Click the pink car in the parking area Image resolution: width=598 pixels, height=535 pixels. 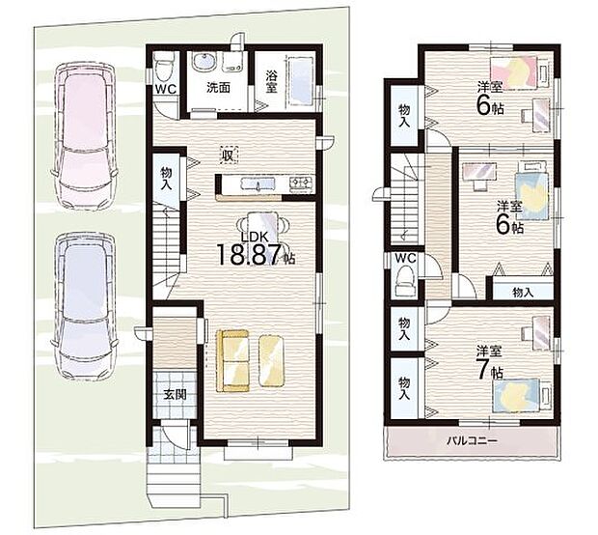[x=86, y=135]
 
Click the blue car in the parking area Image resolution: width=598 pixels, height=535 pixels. [x=86, y=306]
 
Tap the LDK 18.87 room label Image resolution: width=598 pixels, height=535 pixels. [x=256, y=249]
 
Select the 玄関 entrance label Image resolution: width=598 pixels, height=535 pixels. [x=175, y=394]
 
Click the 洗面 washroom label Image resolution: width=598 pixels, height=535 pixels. [x=218, y=88]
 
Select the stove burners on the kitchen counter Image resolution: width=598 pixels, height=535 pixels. [x=301, y=183]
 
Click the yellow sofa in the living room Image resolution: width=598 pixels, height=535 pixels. [x=233, y=361]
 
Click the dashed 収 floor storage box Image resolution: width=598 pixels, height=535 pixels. [x=228, y=155]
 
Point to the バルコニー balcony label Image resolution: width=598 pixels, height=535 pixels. [x=473, y=441]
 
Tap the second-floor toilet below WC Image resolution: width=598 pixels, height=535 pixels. [x=406, y=282]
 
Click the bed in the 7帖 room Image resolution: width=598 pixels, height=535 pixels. [x=522, y=395]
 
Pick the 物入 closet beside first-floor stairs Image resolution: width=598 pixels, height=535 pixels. [x=166, y=178]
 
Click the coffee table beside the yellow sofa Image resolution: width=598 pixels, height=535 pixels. [x=272, y=360]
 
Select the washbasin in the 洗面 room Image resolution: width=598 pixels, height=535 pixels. [x=204, y=61]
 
